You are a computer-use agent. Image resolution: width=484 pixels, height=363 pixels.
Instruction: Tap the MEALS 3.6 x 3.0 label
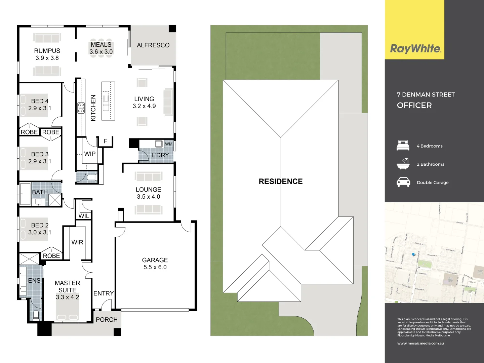click(x=101, y=48)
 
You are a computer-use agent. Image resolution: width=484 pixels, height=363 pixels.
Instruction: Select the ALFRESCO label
click(x=153, y=45)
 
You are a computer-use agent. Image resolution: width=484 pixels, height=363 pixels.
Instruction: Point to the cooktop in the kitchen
click(x=81, y=108)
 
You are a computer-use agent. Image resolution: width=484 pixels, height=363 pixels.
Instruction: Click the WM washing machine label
click(x=168, y=144)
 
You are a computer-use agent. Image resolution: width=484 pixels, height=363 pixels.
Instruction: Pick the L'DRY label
click(x=160, y=155)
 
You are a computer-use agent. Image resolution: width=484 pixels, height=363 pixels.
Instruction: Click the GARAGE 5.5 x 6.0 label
click(x=155, y=264)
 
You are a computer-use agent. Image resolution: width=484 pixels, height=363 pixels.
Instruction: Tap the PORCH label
click(x=107, y=320)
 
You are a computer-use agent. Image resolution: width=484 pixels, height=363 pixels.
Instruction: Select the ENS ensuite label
click(x=34, y=281)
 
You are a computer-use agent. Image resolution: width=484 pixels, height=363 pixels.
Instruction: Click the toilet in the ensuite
click(x=36, y=315)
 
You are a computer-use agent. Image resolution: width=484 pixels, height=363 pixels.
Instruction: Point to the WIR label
click(x=77, y=242)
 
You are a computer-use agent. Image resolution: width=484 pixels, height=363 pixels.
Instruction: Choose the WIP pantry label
click(x=90, y=154)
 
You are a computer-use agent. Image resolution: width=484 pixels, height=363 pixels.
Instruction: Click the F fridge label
click(x=106, y=141)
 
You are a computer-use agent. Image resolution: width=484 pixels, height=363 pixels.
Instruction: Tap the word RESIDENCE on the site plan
click(x=281, y=182)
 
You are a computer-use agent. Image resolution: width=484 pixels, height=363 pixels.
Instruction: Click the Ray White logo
click(x=415, y=49)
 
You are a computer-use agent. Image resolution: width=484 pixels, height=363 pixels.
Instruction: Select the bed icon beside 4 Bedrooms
click(x=403, y=146)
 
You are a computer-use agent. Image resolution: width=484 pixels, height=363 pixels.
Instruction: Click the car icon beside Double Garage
click(x=403, y=182)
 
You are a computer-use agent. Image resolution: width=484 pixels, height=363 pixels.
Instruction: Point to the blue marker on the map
click(x=413, y=255)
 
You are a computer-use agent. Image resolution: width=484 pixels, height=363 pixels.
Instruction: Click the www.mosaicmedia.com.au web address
click(x=420, y=344)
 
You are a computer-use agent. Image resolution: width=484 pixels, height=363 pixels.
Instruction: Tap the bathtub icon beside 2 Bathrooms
click(x=403, y=164)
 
